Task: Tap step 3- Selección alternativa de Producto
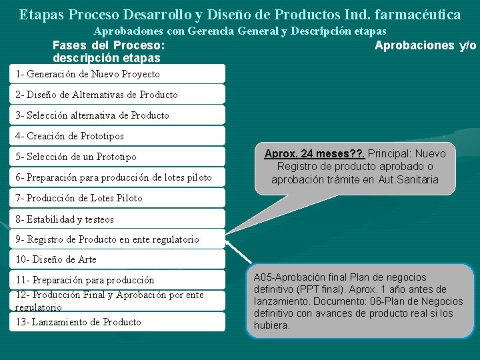(x=93, y=115)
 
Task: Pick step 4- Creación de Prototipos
(x=70, y=136)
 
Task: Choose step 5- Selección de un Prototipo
(x=76, y=157)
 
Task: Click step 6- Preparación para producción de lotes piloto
(x=113, y=177)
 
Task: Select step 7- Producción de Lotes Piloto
(x=79, y=198)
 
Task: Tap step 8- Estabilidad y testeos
(x=65, y=219)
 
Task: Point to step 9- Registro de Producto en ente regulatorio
(x=107, y=239)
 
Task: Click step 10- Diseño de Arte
(x=56, y=259)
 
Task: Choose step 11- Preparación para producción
(x=85, y=280)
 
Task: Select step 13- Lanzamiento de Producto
(x=79, y=322)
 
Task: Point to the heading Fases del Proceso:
(x=109, y=45)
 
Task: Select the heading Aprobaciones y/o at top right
(x=425, y=45)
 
